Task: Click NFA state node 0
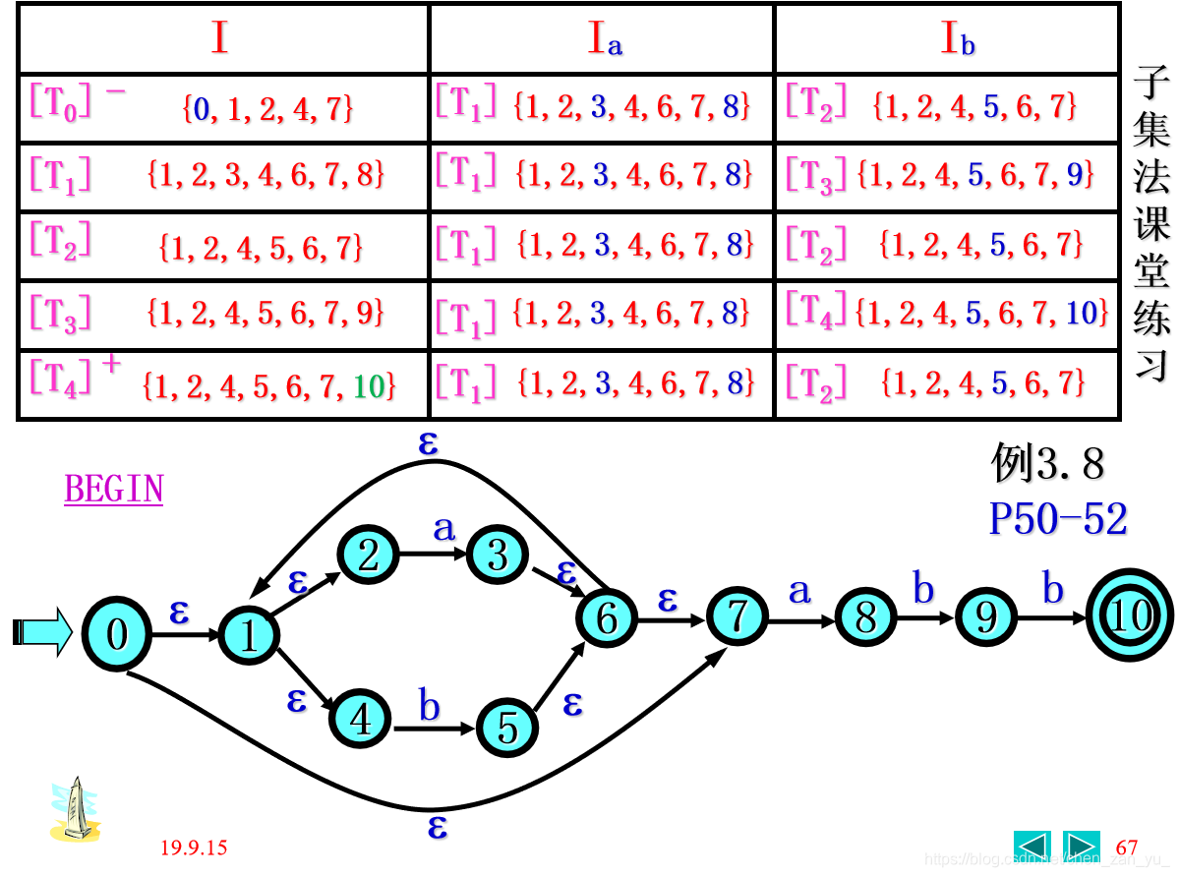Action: click(x=116, y=634)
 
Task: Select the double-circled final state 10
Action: click(x=1130, y=616)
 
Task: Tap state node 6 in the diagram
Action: click(x=607, y=618)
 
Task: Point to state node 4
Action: click(x=361, y=719)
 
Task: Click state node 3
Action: click(x=498, y=555)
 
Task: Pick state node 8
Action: click(x=865, y=617)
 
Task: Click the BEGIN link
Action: click(x=114, y=490)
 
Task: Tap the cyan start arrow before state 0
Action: click(x=42, y=631)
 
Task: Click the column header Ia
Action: click(x=604, y=39)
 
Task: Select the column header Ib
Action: click(x=957, y=39)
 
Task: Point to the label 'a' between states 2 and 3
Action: click(x=444, y=528)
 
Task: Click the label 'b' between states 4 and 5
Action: click(x=430, y=705)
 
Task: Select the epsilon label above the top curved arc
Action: click(x=428, y=442)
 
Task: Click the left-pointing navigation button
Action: click(x=1032, y=847)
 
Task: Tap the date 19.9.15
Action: click(x=195, y=848)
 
